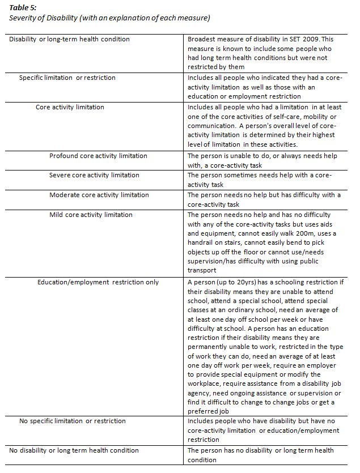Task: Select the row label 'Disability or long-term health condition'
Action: (70, 39)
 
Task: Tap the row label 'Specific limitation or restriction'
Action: (67, 78)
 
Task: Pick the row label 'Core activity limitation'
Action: (70, 106)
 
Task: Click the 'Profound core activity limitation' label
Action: (98, 156)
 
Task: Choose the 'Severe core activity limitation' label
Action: (94, 175)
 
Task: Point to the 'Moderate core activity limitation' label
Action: (99, 195)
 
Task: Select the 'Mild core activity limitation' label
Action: (91, 215)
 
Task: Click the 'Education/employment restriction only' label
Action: (98, 282)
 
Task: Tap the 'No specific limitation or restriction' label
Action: (73, 421)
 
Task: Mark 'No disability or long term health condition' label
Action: (74, 450)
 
